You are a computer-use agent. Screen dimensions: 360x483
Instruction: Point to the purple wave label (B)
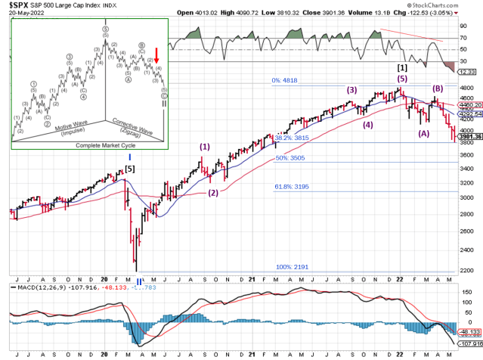click(438, 88)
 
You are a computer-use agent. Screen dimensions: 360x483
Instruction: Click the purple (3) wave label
click(352, 90)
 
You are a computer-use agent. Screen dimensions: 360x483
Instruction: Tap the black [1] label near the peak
click(402, 67)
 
